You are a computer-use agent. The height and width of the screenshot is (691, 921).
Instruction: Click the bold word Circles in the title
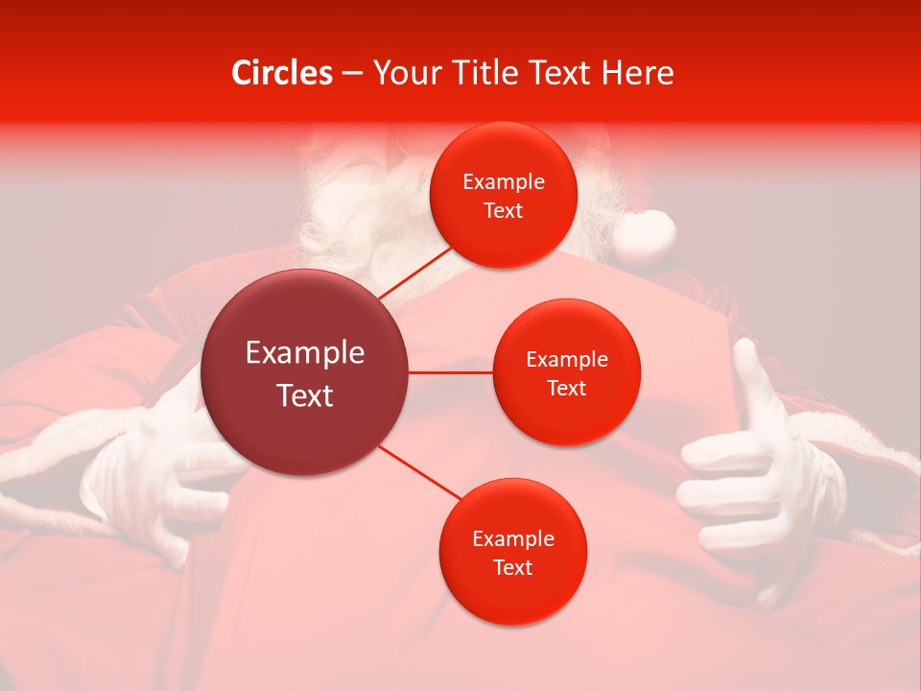[281, 73]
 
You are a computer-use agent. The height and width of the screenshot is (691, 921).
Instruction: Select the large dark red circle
[305, 372]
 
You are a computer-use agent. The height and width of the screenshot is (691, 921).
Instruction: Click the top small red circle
[503, 195]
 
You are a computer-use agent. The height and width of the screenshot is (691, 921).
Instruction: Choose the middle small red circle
[566, 372]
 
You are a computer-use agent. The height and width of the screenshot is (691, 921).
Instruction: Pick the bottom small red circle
[512, 552]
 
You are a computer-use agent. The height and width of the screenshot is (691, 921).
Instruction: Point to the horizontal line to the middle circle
[451, 372]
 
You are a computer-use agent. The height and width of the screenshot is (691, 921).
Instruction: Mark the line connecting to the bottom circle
[419, 472]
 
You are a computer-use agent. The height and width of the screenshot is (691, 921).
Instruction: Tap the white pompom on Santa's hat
[645, 233]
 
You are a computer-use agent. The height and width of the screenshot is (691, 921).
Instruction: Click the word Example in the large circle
[305, 353]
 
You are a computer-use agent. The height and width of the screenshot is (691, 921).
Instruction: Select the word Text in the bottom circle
[512, 567]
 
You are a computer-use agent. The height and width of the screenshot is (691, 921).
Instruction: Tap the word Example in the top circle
[503, 181]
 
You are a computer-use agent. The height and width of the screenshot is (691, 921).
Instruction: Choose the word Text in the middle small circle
[566, 388]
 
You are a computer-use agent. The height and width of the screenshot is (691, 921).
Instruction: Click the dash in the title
[351, 73]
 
